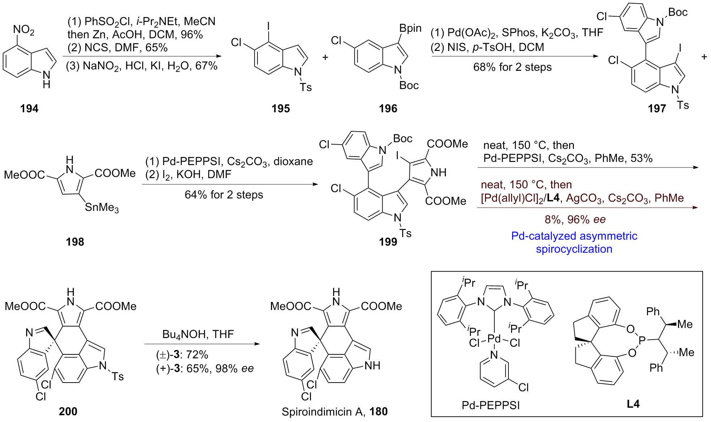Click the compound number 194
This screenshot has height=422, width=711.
29,108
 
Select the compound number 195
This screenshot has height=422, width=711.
281,108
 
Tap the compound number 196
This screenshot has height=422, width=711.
388,108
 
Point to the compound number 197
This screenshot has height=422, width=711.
657,108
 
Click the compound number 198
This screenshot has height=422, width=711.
75,242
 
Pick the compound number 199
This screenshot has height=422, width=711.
388,242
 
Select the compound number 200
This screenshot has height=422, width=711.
68,411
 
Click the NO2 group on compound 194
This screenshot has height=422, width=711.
24,30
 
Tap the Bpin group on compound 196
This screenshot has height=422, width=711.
410,28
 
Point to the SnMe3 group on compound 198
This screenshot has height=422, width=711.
102,207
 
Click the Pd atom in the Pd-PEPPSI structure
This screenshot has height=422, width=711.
494,339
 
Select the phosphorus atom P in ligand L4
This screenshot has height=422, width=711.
642,340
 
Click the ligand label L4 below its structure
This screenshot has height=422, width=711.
633,404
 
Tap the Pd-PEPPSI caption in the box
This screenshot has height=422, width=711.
491,405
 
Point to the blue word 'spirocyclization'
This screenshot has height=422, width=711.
574,249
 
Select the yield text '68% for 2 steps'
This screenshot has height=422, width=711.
512,67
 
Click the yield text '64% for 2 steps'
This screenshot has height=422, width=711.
224,195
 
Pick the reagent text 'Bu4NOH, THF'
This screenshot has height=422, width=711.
198,334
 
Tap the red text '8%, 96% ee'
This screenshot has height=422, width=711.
575,219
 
